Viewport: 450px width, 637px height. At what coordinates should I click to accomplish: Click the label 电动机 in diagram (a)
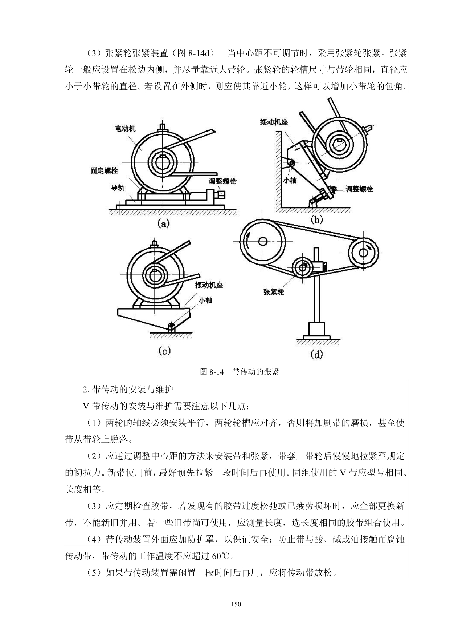pyautogui.click(x=125, y=129)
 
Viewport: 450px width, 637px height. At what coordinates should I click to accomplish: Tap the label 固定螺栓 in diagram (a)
pyautogui.click(x=104, y=170)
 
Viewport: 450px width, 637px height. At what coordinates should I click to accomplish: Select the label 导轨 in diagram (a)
pyautogui.click(x=118, y=188)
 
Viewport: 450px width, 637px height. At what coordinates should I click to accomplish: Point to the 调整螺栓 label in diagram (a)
pyautogui.click(x=222, y=181)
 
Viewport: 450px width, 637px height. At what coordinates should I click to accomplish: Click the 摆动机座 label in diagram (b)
pyautogui.click(x=274, y=122)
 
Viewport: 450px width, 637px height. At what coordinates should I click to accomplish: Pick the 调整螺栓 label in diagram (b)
pyautogui.click(x=359, y=189)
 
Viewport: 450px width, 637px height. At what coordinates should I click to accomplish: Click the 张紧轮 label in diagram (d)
pyautogui.click(x=274, y=292)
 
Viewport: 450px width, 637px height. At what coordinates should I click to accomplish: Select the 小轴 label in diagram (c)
pyautogui.click(x=206, y=300)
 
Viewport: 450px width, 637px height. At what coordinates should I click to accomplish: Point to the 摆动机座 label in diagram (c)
pyautogui.click(x=209, y=285)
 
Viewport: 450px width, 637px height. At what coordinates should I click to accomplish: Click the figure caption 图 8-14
pyautogui.click(x=213, y=372)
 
